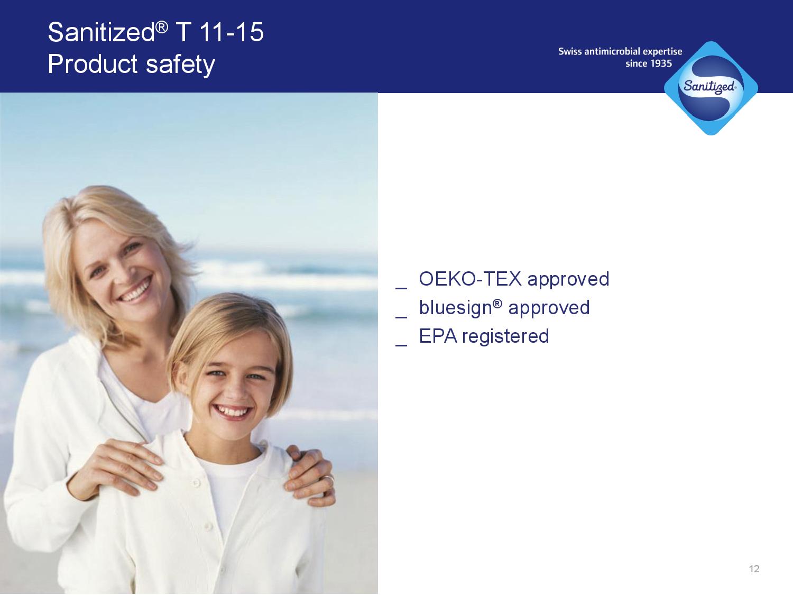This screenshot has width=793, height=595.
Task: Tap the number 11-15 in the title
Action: tap(232, 32)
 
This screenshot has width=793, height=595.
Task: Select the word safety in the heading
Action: tap(180, 65)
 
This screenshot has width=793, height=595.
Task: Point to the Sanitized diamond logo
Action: tap(711, 88)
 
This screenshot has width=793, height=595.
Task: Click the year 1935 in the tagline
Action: tap(660, 63)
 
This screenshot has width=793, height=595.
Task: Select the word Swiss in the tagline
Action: tap(570, 51)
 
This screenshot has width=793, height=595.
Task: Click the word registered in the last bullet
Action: tap(505, 337)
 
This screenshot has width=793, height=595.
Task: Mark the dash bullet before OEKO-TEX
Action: tap(401, 288)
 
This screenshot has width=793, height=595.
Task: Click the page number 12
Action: tap(754, 569)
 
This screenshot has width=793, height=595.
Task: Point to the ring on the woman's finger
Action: tap(328, 479)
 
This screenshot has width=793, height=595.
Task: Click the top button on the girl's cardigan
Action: tap(196, 483)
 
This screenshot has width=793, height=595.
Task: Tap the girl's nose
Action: tap(235, 391)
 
